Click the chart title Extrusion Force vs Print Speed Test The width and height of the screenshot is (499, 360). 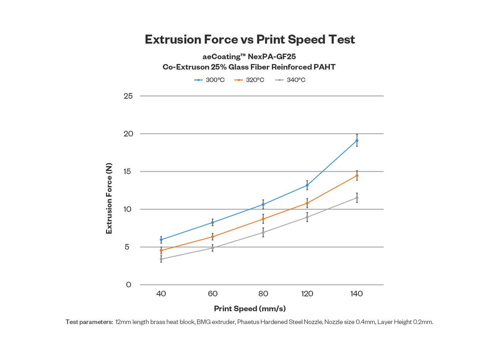coord(249,39)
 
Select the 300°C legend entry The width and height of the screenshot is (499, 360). coord(210,80)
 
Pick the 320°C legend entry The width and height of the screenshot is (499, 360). coord(249,80)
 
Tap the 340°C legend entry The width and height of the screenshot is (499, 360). coord(290,80)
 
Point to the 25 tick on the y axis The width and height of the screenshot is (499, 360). coord(128,96)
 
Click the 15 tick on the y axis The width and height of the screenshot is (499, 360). coord(128,171)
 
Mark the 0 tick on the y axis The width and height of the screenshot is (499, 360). coord(129,285)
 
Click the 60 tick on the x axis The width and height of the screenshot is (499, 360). coord(212,294)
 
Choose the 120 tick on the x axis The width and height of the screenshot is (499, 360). coord(307,294)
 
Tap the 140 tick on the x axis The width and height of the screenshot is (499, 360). coord(357,294)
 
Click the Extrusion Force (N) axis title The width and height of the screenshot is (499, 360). coord(109,199)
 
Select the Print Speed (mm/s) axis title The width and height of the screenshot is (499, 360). coord(249,309)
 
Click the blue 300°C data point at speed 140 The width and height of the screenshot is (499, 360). coord(357,141)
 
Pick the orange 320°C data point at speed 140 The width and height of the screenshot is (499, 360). coord(357,175)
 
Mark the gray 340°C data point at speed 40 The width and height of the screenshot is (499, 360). coord(161,259)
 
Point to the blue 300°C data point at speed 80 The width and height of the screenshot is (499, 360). coord(263,204)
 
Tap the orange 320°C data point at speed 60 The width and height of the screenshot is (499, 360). coord(212,237)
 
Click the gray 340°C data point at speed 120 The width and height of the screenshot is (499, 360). coord(307,217)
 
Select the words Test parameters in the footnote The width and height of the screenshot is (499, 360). coord(89,322)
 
